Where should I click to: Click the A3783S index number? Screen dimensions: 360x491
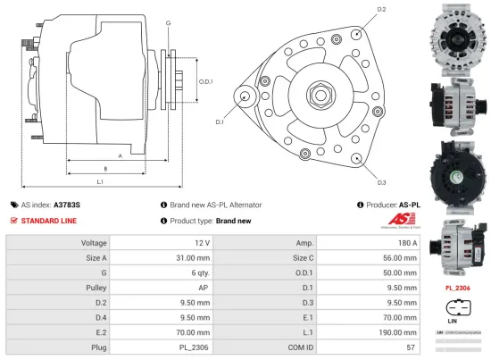point(67,205)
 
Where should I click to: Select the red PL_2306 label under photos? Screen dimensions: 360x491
point(457,289)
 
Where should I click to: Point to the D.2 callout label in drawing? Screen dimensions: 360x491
point(381,9)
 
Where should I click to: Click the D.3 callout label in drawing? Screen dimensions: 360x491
point(381,182)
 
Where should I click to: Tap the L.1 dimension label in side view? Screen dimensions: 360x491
point(100,182)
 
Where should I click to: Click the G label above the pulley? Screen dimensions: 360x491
point(169,22)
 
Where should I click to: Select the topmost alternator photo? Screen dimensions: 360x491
point(456,35)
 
